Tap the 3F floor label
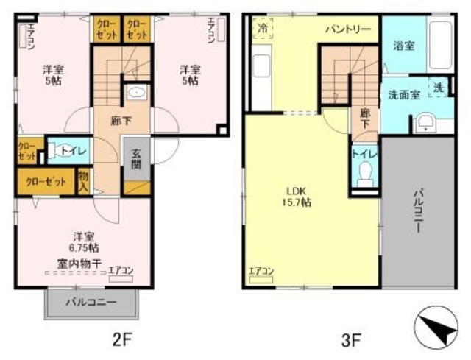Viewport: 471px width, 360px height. [x=350, y=340]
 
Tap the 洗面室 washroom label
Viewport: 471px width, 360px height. [x=400, y=93]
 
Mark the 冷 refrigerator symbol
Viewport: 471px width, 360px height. [x=263, y=27]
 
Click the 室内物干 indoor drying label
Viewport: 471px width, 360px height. [x=75, y=262]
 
